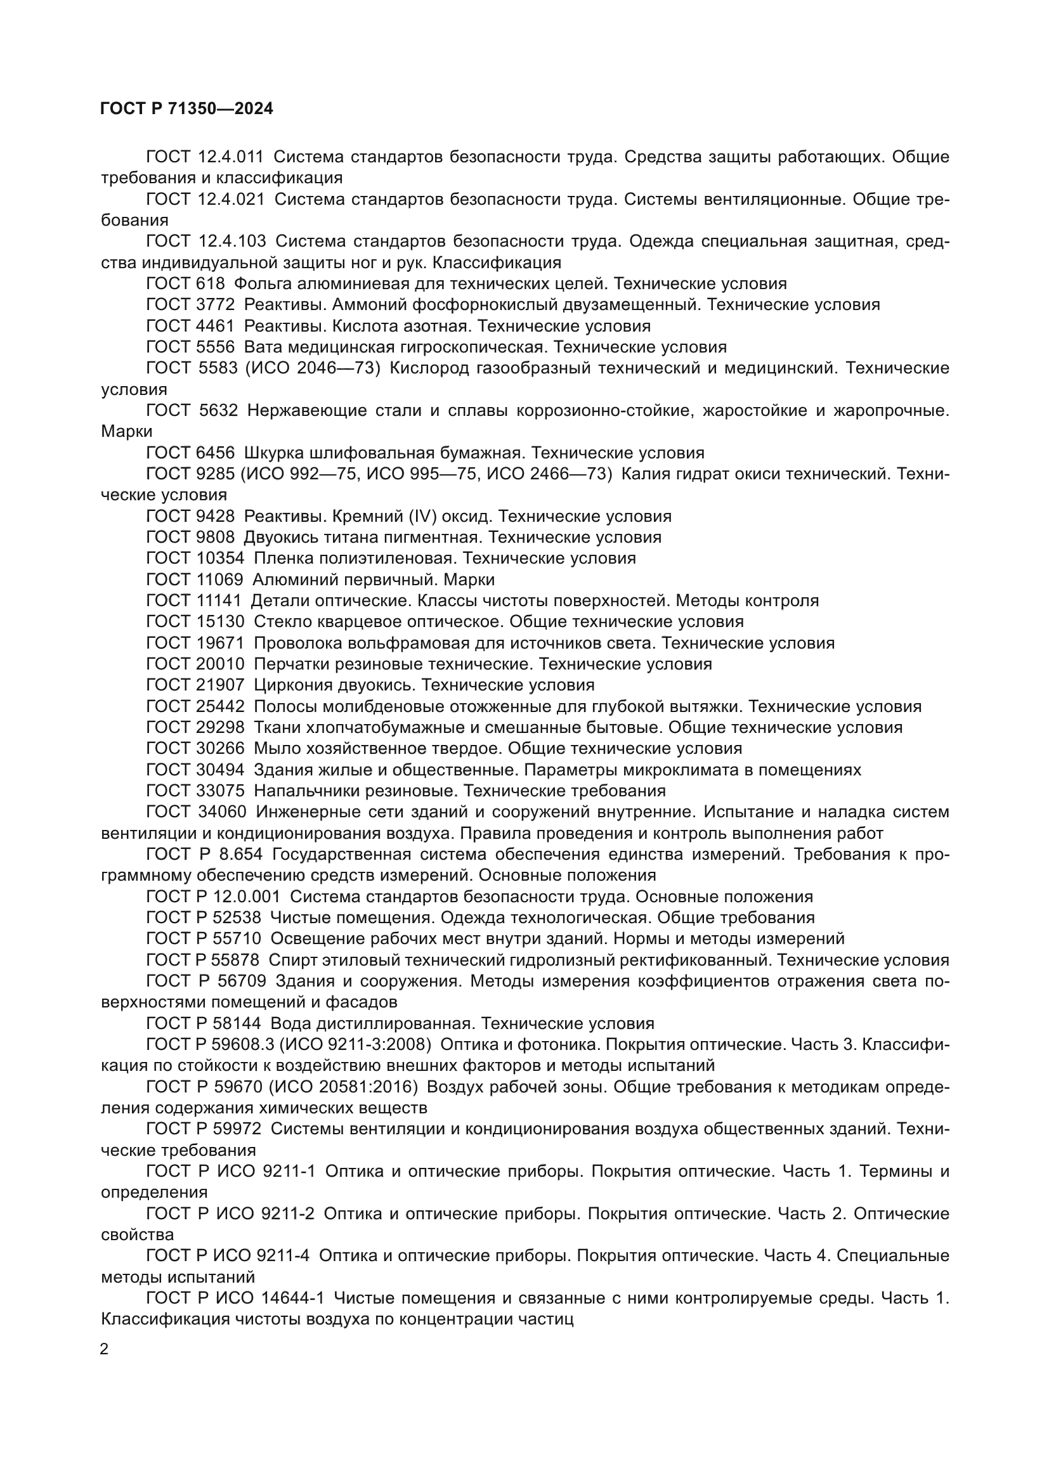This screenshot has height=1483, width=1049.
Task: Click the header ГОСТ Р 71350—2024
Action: point(186,108)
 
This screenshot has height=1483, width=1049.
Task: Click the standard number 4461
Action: point(215,325)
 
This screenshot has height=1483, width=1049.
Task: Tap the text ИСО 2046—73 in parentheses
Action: point(311,368)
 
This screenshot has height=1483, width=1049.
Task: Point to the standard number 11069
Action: point(219,580)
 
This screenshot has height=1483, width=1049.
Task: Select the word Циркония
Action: point(292,685)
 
